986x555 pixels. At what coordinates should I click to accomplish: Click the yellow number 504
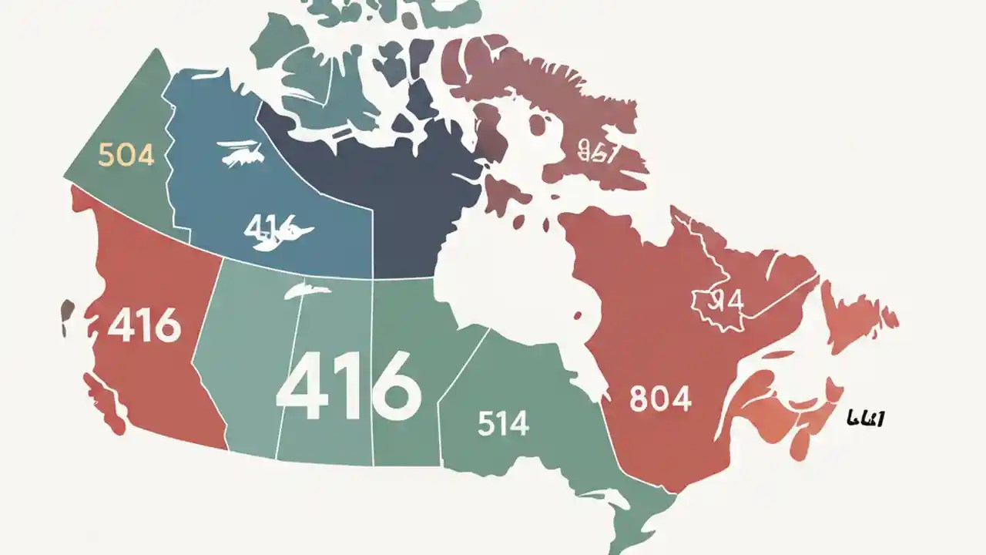click(x=126, y=155)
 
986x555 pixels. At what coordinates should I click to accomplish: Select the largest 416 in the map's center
click(x=348, y=385)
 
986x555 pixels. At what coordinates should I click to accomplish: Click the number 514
click(x=503, y=424)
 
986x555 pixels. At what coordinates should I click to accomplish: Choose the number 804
click(x=660, y=399)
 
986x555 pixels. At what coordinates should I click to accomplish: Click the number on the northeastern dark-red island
click(x=598, y=153)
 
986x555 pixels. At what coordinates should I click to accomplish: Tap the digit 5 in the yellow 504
click(x=106, y=155)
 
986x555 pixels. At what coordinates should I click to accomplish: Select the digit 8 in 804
click(x=639, y=399)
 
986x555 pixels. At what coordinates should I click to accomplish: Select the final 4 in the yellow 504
click(x=145, y=155)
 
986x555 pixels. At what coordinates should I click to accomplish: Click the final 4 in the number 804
click(x=682, y=399)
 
